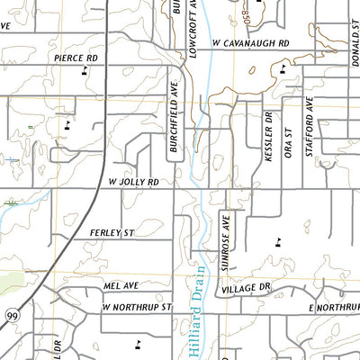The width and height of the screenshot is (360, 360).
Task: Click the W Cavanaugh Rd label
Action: [250, 42]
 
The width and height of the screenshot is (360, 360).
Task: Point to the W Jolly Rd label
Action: [139, 182]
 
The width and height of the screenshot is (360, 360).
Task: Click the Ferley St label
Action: [112, 233]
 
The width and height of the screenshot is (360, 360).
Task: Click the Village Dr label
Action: [246, 287]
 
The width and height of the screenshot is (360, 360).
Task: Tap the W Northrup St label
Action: [136, 307]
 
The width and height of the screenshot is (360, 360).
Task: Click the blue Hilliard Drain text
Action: [201, 315]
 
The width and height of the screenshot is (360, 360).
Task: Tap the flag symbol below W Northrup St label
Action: [138, 343]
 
